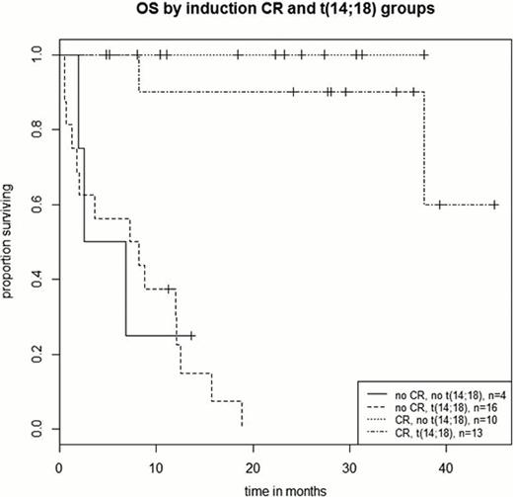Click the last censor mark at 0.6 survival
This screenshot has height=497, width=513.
click(x=494, y=205)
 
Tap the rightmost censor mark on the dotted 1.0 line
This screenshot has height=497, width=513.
click(x=424, y=55)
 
